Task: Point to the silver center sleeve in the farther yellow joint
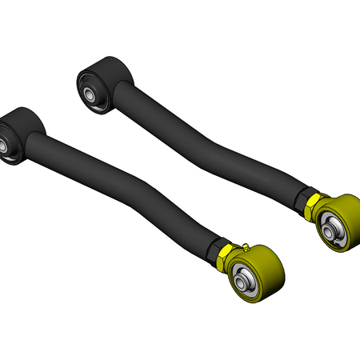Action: point(330,229)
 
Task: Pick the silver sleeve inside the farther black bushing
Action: point(91,93)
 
